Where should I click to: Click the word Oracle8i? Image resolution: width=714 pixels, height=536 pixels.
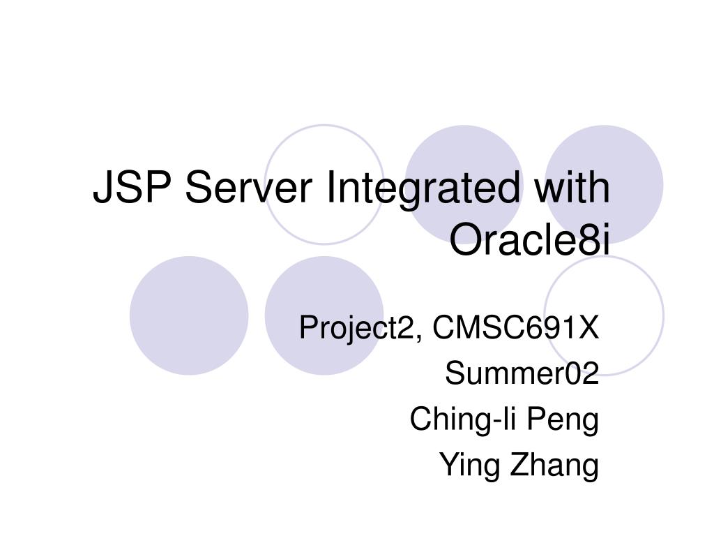coord(529,240)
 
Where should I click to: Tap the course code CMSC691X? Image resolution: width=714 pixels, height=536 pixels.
coord(515,327)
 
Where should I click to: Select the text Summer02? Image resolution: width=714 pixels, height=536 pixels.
coord(522,375)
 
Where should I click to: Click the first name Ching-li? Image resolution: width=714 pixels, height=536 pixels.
coord(454,420)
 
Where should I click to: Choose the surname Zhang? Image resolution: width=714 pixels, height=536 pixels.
coord(555,466)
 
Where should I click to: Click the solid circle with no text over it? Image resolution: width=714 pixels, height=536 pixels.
coord(189,315)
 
